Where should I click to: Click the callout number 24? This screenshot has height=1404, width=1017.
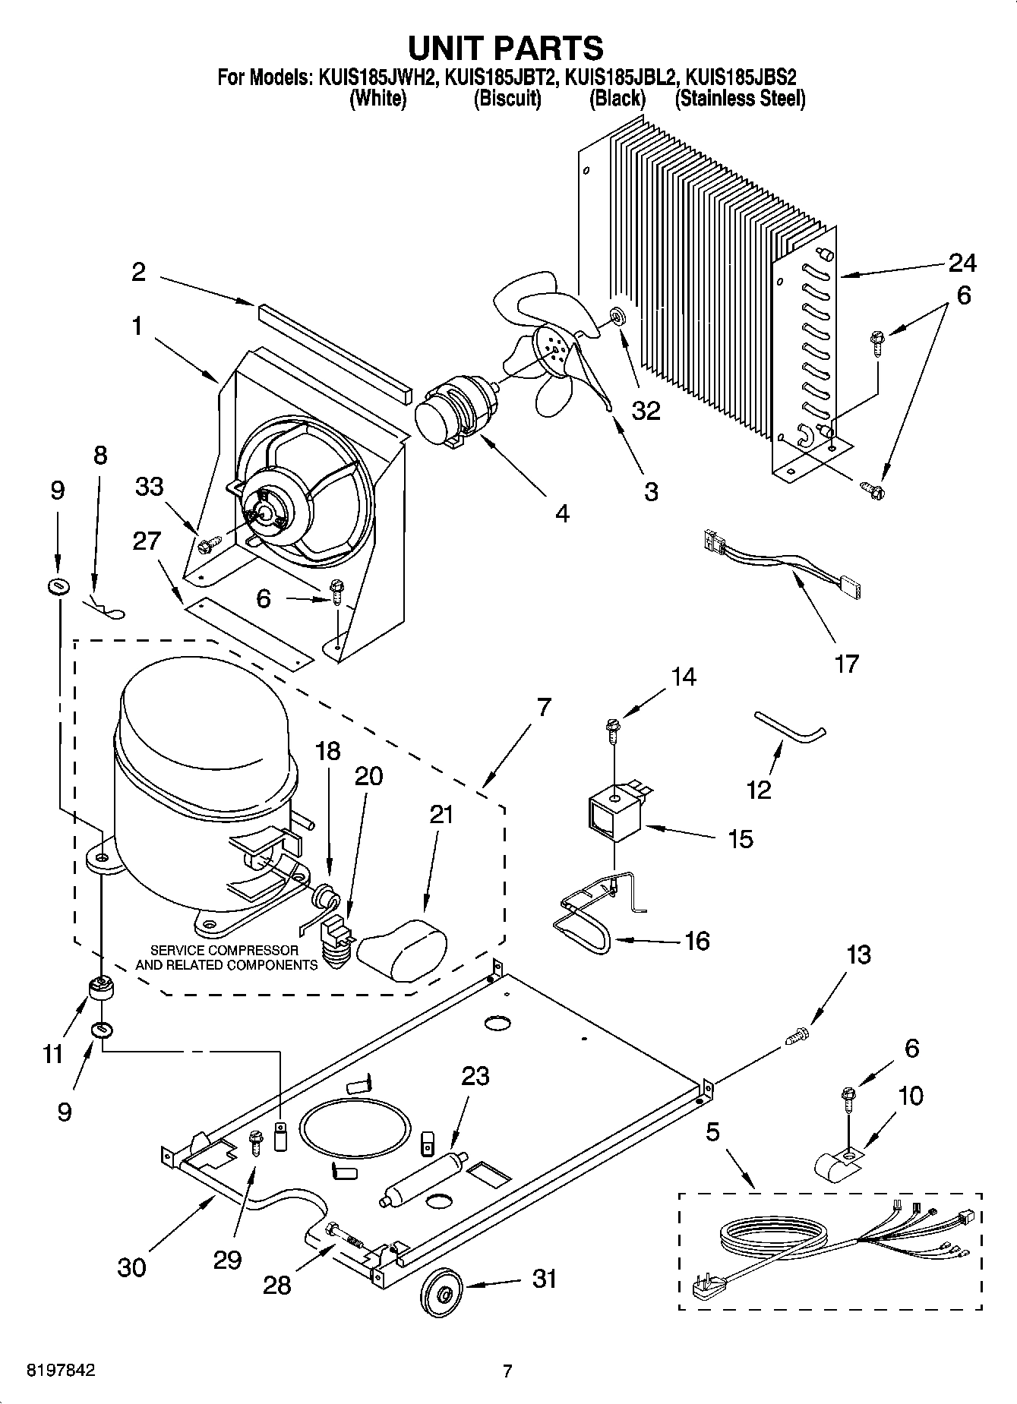pyautogui.click(x=962, y=263)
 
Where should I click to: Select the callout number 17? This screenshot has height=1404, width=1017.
pyautogui.click(x=846, y=664)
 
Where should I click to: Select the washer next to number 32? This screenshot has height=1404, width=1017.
pyautogui.click(x=616, y=314)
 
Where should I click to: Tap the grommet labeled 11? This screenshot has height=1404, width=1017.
pyautogui.click(x=99, y=989)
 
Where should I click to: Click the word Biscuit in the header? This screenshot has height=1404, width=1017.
pyautogui.click(x=507, y=99)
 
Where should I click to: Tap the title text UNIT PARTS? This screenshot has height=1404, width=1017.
pyautogui.click(x=506, y=47)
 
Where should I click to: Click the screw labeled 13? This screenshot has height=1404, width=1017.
pyautogui.click(x=796, y=1034)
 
